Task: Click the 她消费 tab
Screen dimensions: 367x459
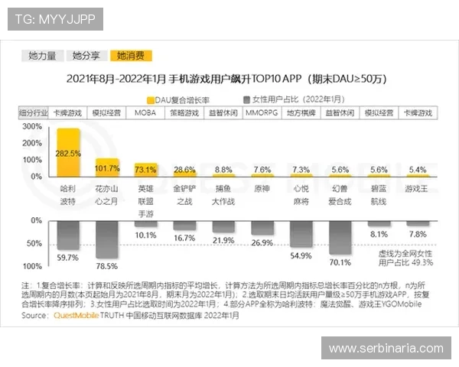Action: (x=131, y=56)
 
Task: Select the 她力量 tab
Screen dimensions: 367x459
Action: (x=42, y=56)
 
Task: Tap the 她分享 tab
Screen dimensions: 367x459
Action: (x=86, y=56)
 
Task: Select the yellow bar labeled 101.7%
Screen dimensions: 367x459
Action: (x=106, y=167)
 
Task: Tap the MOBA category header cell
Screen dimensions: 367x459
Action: (x=145, y=113)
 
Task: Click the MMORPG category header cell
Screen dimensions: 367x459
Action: (x=262, y=113)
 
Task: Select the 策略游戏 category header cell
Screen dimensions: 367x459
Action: (x=184, y=113)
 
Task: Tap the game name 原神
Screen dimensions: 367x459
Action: (x=262, y=189)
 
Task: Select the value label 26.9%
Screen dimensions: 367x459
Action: (x=262, y=242)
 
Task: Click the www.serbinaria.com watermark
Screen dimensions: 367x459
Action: (x=386, y=349)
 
